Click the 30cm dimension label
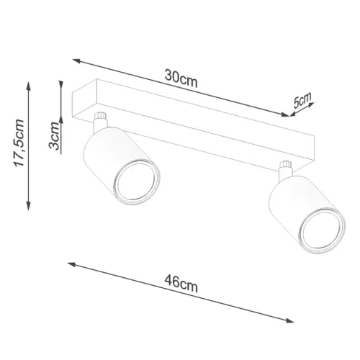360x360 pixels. (181, 78)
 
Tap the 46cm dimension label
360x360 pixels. (181, 284)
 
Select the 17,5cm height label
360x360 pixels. (19, 143)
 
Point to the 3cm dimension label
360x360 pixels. (54, 135)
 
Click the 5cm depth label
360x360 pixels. (302, 100)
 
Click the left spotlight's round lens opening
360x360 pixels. (137, 182)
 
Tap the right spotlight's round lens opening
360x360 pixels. (322, 231)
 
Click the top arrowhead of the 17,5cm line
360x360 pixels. (29, 86)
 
